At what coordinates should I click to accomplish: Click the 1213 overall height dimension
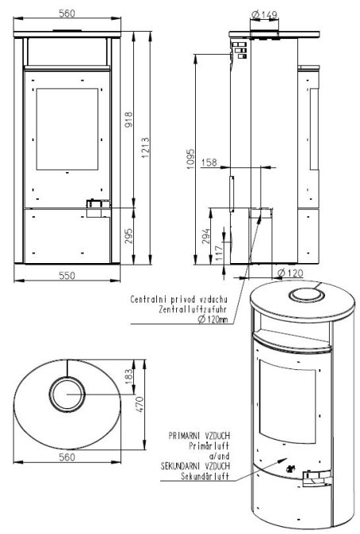146,147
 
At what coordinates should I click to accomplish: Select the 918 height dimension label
128,120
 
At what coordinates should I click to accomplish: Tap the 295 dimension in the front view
128,235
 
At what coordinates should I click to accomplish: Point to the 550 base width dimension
67,275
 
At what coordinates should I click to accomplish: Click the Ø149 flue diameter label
264,14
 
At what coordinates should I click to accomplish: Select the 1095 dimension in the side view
190,158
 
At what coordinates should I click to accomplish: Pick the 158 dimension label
209,162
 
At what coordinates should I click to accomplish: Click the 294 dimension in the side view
206,236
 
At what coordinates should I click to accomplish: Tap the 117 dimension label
219,253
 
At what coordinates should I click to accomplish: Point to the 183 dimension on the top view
129,376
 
